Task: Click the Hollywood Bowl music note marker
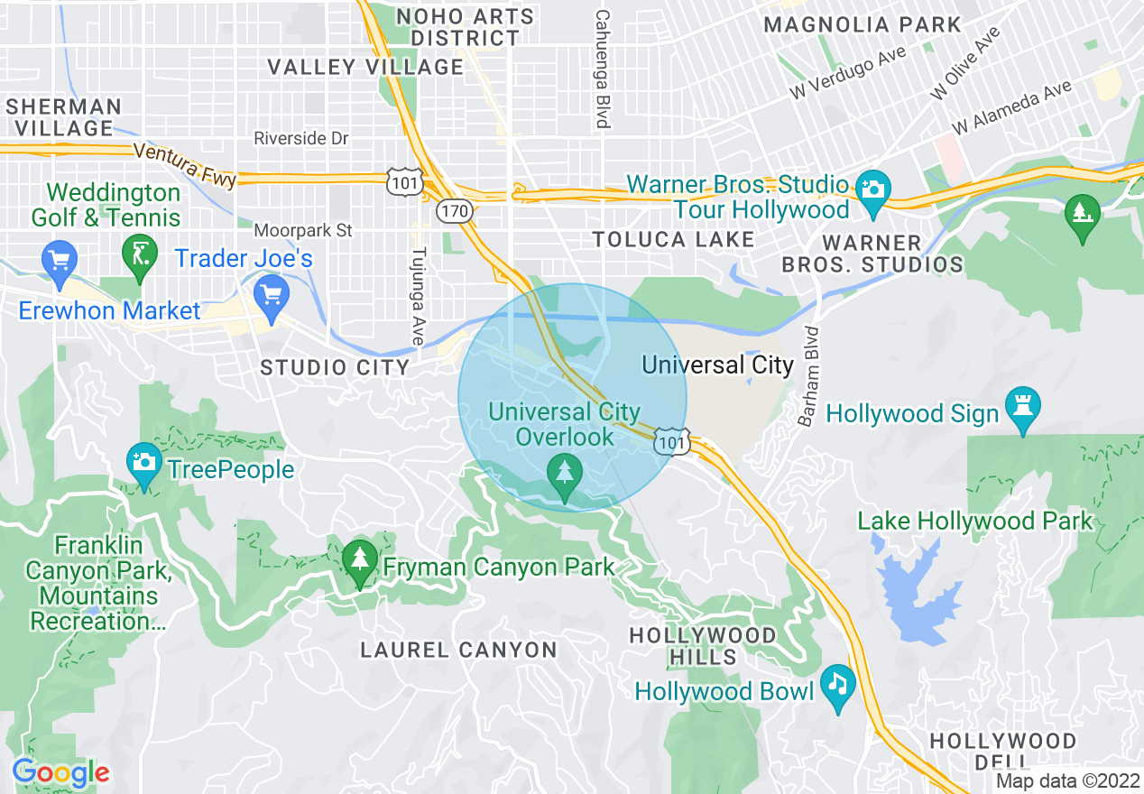[839, 683]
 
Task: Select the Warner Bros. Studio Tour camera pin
[872, 189]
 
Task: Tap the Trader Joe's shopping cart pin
[271, 294]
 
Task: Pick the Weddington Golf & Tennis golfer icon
[138, 253]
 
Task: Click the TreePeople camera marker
[143, 463]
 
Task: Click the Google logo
[61, 773]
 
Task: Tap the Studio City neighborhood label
[335, 367]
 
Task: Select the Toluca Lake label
[673, 239]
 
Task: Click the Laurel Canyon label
[458, 650]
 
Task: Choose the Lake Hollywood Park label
[974, 521]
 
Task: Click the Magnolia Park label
[863, 24]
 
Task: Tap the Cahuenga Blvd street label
[602, 69]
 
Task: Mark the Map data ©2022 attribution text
[1067, 780]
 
